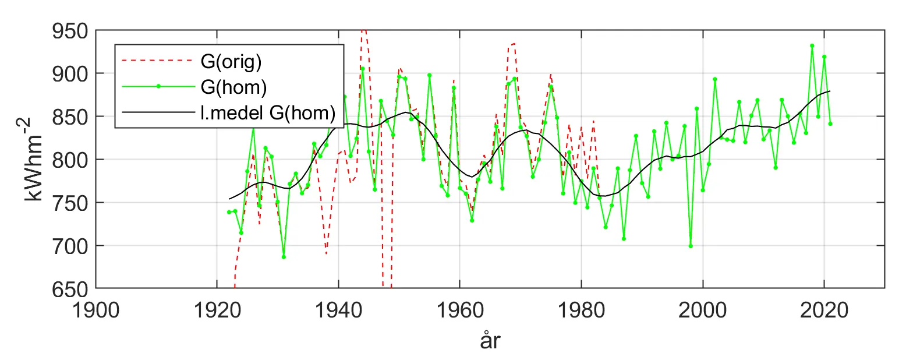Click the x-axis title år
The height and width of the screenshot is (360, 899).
tap(490, 342)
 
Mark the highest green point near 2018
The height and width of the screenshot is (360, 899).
tap(812, 45)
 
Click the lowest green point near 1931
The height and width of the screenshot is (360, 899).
tap(284, 257)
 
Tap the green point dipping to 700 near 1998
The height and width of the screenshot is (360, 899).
tap(691, 246)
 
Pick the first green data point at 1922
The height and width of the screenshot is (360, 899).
tap(229, 212)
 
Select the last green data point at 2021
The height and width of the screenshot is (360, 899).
tap(830, 123)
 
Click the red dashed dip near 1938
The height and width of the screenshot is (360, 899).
tap(326, 253)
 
